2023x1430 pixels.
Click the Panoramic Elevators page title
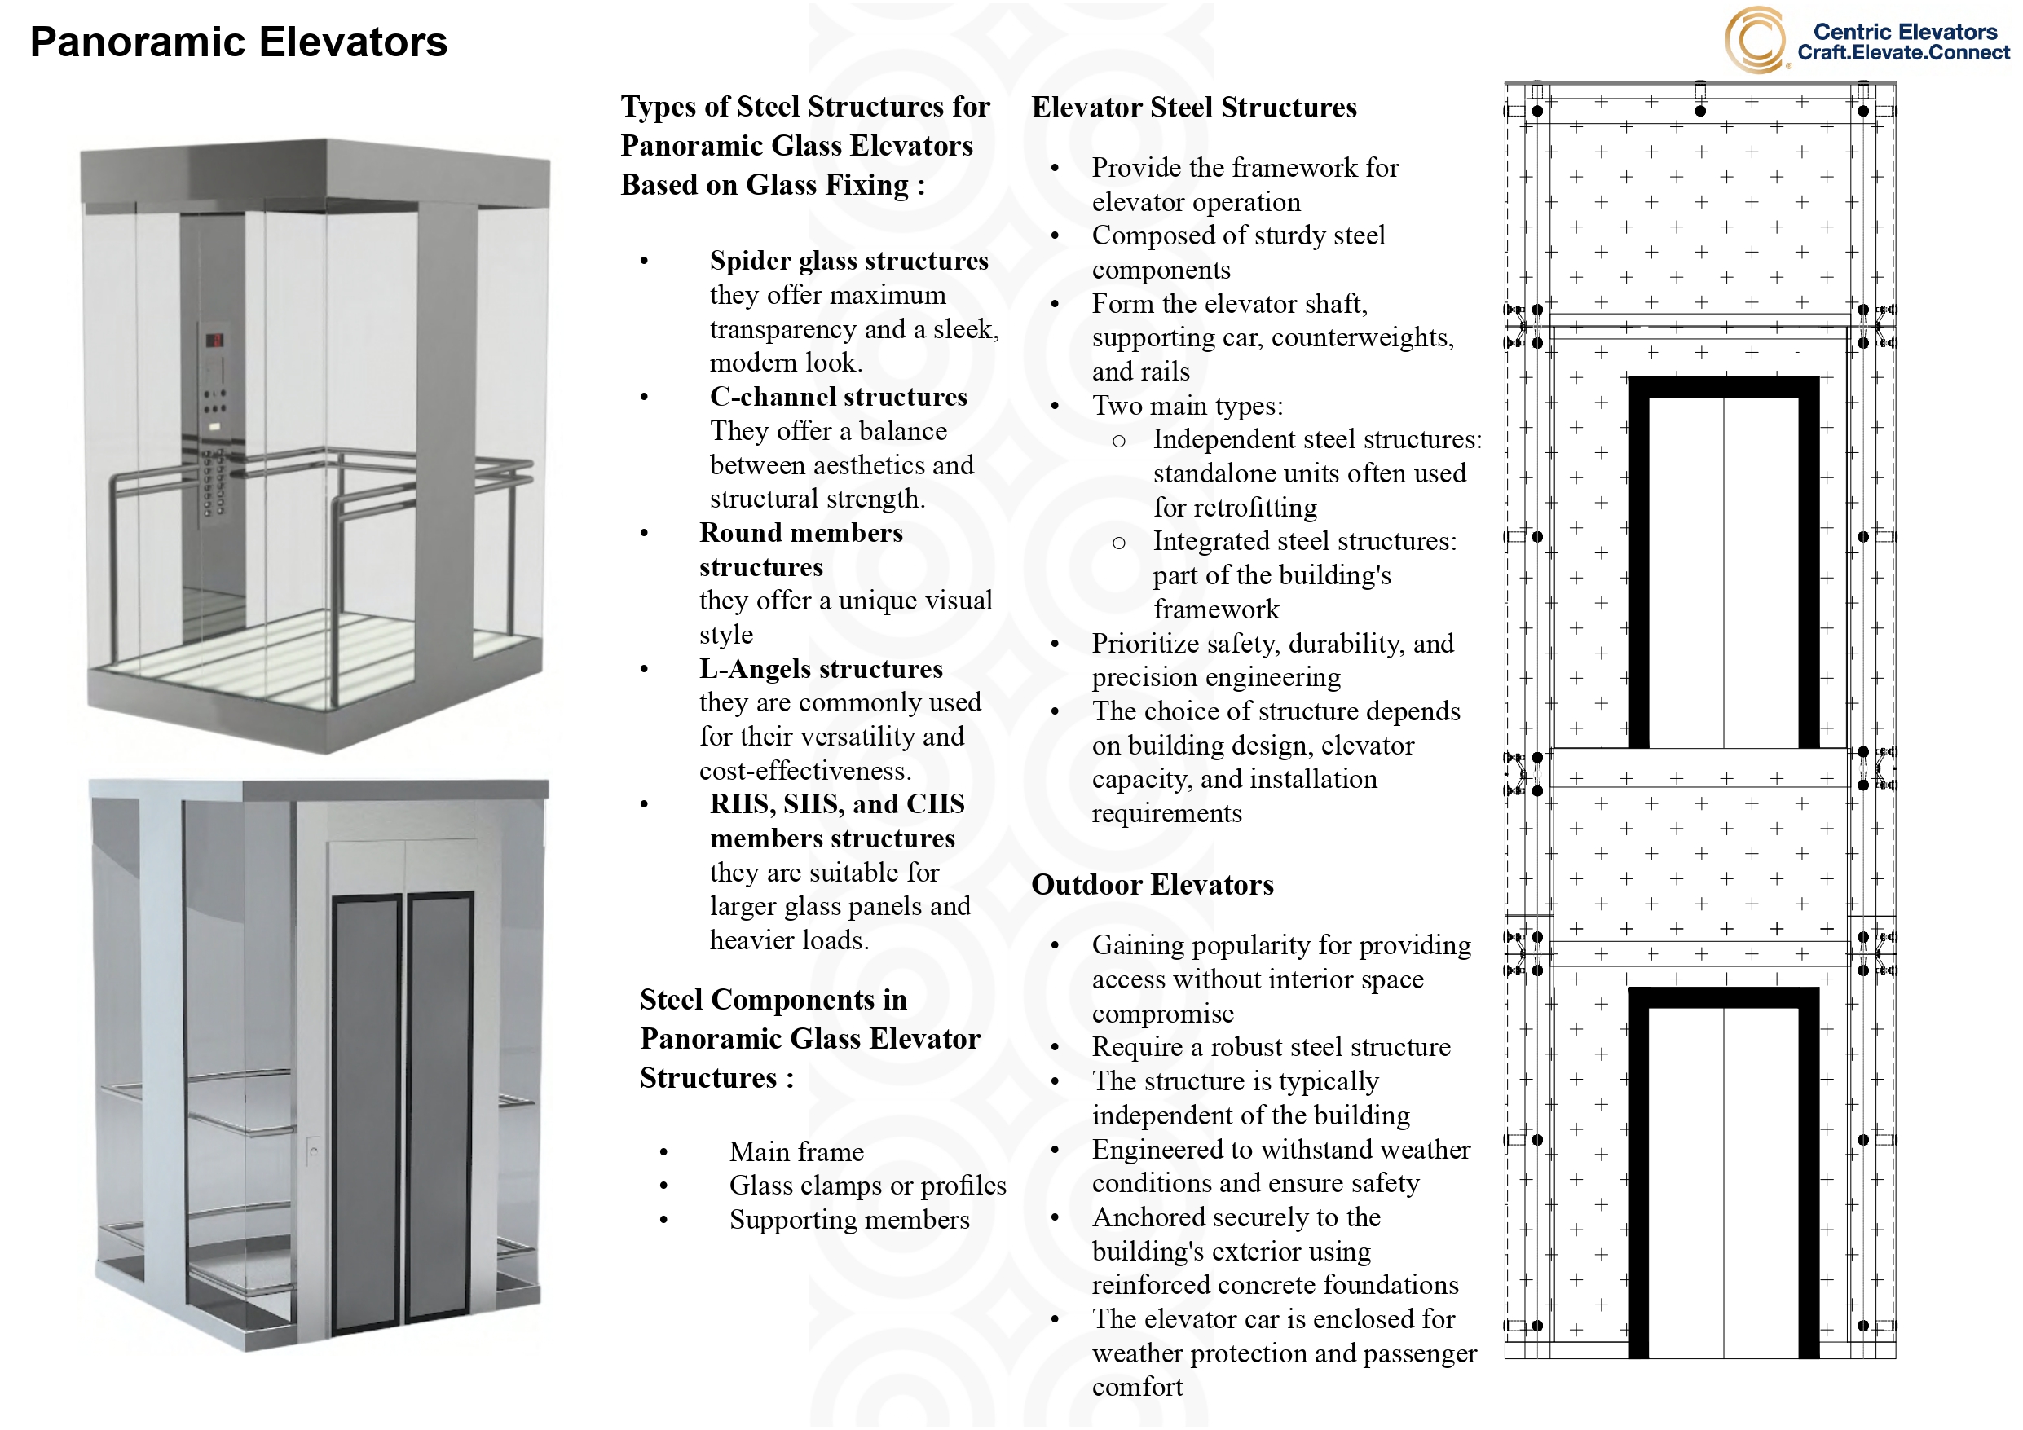click(239, 42)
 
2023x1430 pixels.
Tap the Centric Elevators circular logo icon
click(1754, 41)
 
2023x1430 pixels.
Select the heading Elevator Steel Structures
click(1194, 108)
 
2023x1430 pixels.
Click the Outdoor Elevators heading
click(1153, 885)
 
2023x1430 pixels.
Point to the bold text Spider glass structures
click(848, 261)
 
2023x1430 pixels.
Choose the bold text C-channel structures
click(838, 397)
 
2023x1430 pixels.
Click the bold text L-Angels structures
click(820, 669)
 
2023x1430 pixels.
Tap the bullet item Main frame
click(796, 1151)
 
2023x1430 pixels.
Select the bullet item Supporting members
click(848, 1220)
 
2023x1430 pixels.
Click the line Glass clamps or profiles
click(867, 1186)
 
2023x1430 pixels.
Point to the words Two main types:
click(1187, 405)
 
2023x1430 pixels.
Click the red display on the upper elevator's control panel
click(214, 340)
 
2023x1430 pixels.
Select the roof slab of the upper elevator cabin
click(315, 171)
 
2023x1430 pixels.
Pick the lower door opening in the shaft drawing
click(1722, 1181)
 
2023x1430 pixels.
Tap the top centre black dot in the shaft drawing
click(1700, 111)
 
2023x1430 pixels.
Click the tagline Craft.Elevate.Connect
click(1903, 53)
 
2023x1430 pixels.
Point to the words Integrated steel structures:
click(1304, 541)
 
